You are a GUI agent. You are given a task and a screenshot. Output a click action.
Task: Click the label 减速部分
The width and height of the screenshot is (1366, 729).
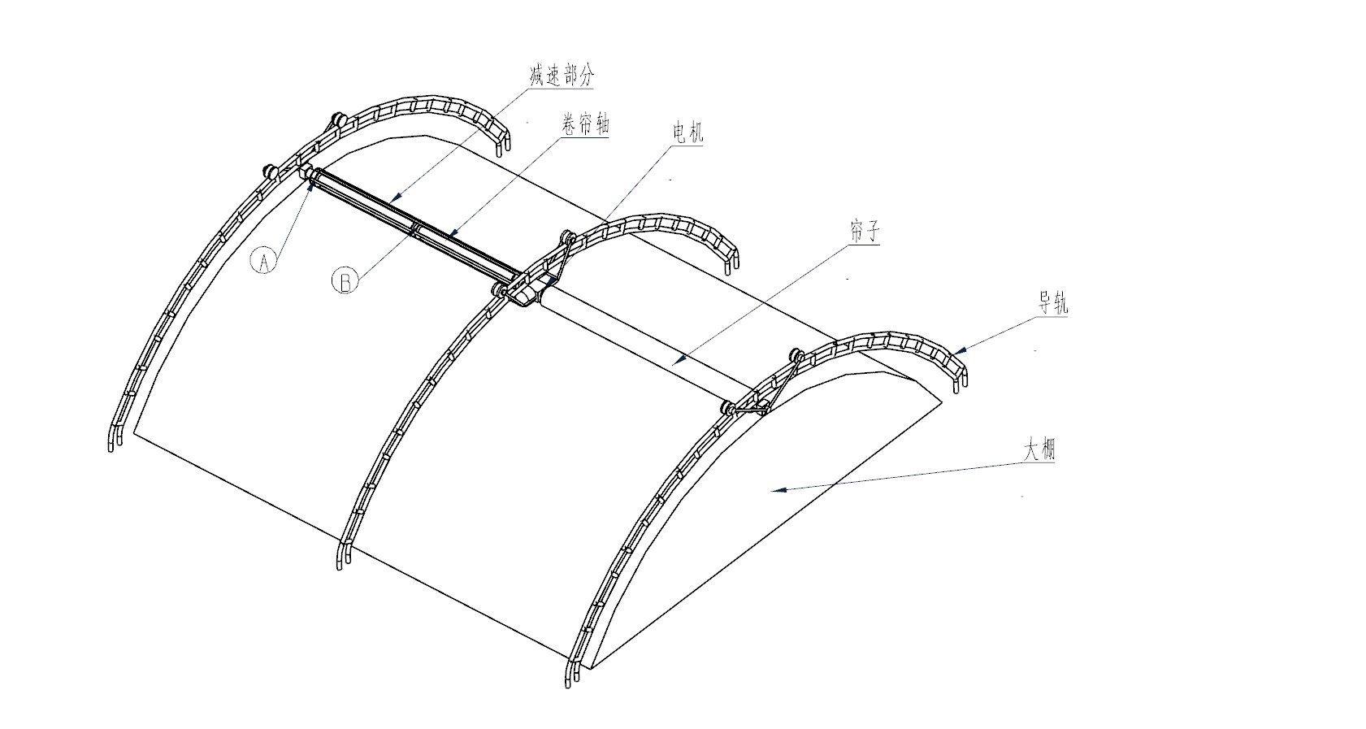click(x=562, y=76)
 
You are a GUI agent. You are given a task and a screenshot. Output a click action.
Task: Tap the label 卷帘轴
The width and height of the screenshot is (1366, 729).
click(x=586, y=124)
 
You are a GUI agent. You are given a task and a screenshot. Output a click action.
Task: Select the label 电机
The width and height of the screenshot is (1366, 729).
click(x=687, y=132)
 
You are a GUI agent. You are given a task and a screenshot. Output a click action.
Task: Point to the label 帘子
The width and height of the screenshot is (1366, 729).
click(x=864, y=232)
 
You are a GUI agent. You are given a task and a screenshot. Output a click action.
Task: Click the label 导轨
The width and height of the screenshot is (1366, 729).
click(x=1053, y=302)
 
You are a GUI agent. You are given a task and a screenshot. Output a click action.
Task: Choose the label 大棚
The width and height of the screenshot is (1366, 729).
click(x=1039, y=450)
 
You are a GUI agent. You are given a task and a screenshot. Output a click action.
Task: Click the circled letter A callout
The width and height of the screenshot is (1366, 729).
click(x=264, y=261)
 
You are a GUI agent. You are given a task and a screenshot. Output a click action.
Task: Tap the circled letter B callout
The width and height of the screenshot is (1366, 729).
click(x=345, y=280)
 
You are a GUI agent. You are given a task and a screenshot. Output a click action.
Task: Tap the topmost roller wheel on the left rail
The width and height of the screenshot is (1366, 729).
click(x=336, y=119)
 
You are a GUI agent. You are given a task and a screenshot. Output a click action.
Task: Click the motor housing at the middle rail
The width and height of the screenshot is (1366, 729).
click(x=525, y=294)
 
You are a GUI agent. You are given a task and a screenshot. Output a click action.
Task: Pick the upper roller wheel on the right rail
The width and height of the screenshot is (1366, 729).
click(x=796, y=354)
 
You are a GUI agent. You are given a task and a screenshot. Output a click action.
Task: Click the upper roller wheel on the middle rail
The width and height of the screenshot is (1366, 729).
click(x=567, y=237)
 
